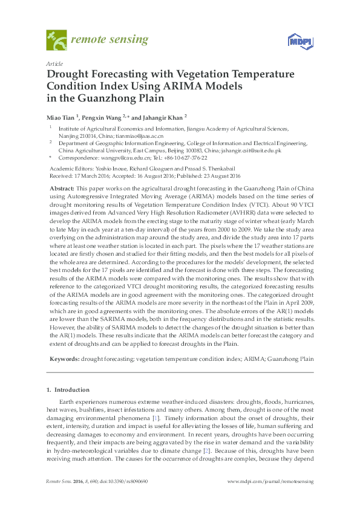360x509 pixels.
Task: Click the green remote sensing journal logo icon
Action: click(x=56, y=41)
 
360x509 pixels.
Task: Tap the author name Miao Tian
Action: click(x=62, y=117)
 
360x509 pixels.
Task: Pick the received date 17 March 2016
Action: click(x=90, y=175)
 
